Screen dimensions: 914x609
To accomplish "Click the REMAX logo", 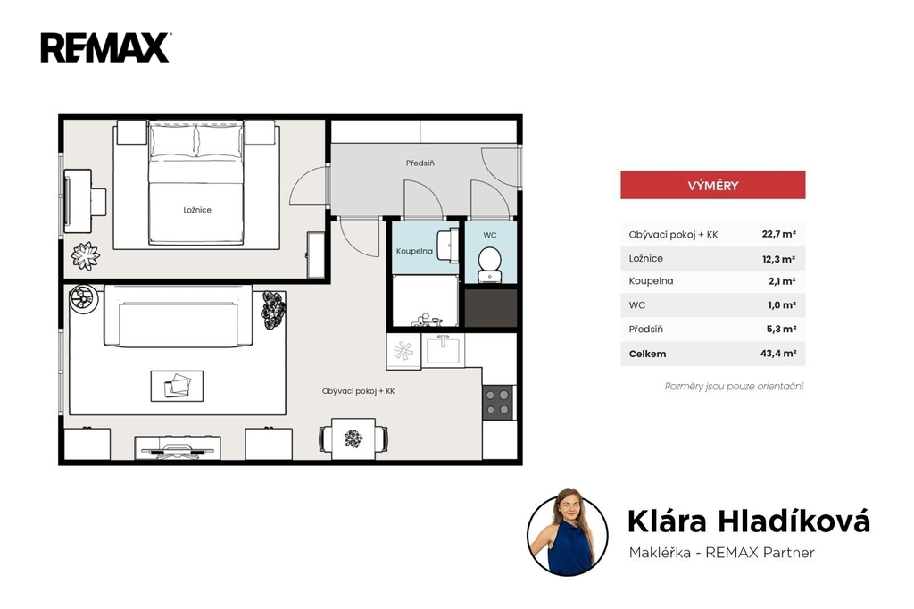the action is coord(105,47).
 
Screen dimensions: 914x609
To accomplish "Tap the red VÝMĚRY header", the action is coord(712,185).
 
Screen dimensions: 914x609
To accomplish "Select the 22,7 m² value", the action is coord(778,234).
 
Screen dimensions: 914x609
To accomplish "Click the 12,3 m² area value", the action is coord(778,258).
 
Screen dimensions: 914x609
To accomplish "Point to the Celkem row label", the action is coord(647,354).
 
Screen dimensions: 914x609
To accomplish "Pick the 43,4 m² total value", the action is coord(778,353).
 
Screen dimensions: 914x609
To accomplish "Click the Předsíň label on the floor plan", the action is coord(420,163).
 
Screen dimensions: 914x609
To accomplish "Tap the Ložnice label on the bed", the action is coord(197,210).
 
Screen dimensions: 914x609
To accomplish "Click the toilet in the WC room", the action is coord(490,264).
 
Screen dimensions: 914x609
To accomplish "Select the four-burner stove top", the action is coord(498,403).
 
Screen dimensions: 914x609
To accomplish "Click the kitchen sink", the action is coord(443,350).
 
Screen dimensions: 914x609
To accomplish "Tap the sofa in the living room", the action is coord(179,316).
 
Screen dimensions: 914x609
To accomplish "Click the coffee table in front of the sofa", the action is coord(178,386).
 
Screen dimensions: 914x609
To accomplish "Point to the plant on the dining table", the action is coord(353,438).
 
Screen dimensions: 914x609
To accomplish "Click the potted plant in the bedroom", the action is coord(86,256).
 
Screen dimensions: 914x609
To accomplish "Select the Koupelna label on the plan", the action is coord(414,251).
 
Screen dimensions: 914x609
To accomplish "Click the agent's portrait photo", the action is coord(567,533).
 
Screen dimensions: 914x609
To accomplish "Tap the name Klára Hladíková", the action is coord(749,521).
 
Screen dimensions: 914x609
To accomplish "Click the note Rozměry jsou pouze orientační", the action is coord(735,386).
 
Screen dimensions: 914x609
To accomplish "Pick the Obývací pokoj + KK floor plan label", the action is coord(358,391).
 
